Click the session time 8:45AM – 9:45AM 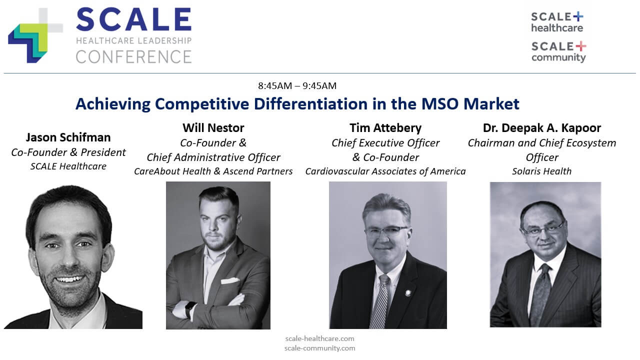click(x=297, y=85)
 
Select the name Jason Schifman click(x=68, y=137)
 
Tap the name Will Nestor click(x=213, y=127)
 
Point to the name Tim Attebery click(x=385, y=127)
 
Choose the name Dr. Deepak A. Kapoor click(x=542, y=128)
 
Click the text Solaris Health click(x=541, y=171)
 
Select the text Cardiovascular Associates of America click(x=385, y=171)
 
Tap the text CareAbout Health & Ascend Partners click(x=213, y=171)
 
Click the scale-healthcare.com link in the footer click(x=319, y=338)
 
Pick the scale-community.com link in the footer click(x=319, y=348)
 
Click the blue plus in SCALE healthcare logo click(x=578, y=16)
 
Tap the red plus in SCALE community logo click(x=581, y=46)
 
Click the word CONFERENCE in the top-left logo click(x=133, y=56)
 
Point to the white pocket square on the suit click(x=230, y=280)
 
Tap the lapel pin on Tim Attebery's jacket click(x=408, y=292)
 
